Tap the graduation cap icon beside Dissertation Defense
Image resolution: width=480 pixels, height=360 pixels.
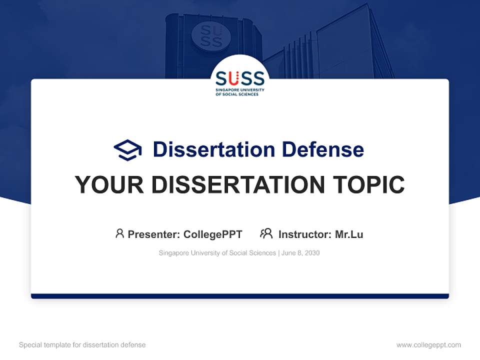pyautogui.click(x=127, y=150)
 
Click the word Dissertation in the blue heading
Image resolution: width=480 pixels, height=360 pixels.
pyautogui.click(x=213, y=149)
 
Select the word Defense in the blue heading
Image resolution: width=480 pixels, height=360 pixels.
pyautogui.click(x=322, y=149)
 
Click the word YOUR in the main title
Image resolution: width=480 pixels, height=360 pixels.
pyautogui.click(x=109, y=184)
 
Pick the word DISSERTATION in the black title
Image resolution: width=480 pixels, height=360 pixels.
pyautogui.click(x=238, y=184)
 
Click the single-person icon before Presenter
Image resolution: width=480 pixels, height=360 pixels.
pyautogui.click(x=119, y=233)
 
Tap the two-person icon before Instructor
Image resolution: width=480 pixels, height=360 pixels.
pyautogui.click(x=266, y=233)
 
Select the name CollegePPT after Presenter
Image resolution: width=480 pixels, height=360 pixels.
pyautogui.click(x=213, y=234)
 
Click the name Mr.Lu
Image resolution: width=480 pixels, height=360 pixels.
pyautogui.click(x=349, y=234)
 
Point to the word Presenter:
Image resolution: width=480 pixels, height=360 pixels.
pyautogui.click(x=154, y=234)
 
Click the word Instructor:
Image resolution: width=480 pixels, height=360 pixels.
pyautogui.click(x=304, y=234)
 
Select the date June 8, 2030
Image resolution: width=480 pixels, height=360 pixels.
pyautogui.click(x=300, y=253)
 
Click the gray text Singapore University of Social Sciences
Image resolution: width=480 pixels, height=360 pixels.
pyautogui.click(x=217, y=253)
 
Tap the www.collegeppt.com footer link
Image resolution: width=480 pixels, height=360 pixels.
pyautogui.click(x=428, y=345)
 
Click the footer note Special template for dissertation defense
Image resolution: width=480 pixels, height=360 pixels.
pyautogui.click(x=82, y=345)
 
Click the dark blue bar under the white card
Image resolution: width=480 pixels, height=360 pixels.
pyautogui.click(x=240, y=296)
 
